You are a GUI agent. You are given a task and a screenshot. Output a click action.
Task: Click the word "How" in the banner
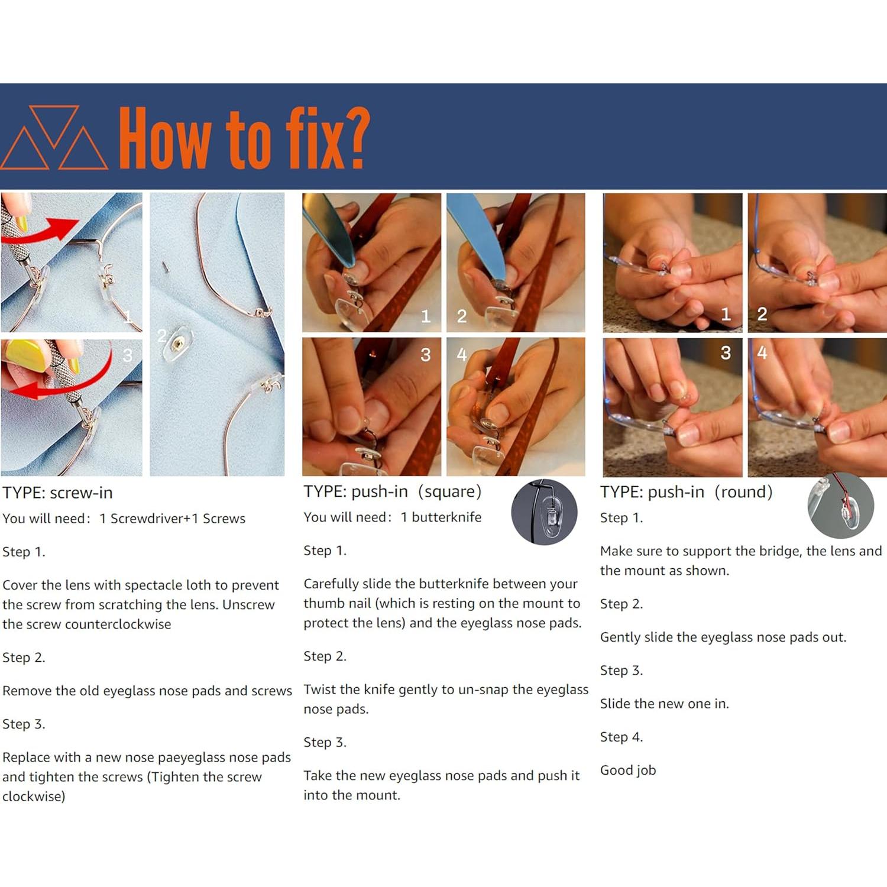tap(164, 138)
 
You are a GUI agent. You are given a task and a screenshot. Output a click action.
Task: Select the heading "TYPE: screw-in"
tap(57, 493)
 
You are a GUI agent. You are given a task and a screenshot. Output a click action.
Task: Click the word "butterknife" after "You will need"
tap(446, 517)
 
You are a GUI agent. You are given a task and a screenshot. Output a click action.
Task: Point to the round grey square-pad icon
tap(544, 512)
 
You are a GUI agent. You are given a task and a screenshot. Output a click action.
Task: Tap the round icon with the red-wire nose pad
tap(840, 506)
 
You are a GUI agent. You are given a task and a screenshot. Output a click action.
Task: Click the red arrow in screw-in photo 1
tap(41, 232)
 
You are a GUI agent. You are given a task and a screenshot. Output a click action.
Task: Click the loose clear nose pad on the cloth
tap(177, 344)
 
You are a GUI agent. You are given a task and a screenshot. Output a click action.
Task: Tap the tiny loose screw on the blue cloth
tap(166, 268)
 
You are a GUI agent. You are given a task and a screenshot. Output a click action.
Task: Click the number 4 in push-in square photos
tap(462, 354)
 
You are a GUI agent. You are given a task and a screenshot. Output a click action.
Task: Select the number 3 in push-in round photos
tap(726, 353)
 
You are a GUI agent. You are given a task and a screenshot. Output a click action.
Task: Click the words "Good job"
tap(628, 771)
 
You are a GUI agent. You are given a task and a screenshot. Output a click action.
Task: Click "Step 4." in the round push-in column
tap(621, 737)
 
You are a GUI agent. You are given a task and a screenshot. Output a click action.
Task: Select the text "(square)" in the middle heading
tap(450, 491)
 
